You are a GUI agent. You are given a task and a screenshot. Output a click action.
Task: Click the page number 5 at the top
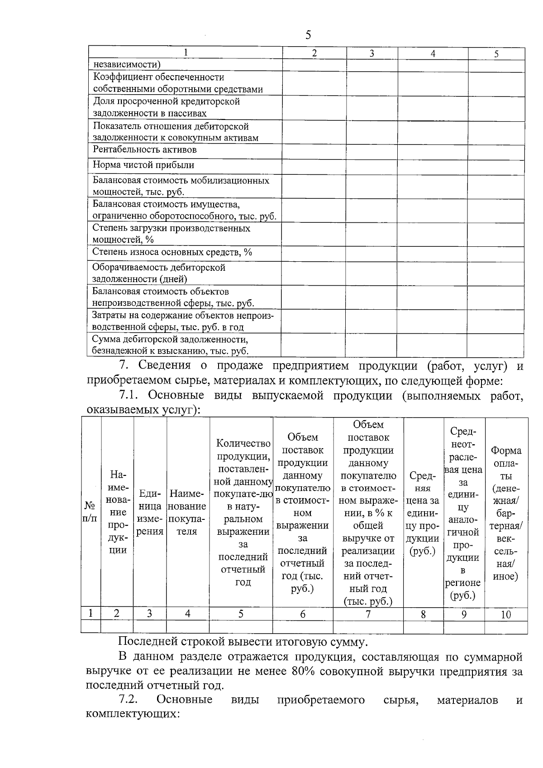[308, 35]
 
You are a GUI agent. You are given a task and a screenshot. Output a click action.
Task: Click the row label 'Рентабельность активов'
[145, 150]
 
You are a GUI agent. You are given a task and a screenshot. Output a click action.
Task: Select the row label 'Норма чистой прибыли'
[143, 165]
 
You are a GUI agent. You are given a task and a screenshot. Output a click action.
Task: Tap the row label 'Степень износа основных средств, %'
[172, 252]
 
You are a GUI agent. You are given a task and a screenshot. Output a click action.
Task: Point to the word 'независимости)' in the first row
[127, 65]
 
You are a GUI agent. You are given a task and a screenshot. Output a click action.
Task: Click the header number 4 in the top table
[433, 53]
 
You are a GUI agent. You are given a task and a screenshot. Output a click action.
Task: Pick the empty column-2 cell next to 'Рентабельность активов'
[314, 151]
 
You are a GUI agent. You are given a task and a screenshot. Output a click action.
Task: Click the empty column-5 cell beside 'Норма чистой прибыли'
[496, 167]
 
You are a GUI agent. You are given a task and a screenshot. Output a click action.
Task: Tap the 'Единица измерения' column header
[150, 512]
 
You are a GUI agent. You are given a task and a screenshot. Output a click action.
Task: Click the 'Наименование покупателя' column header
[187, 512]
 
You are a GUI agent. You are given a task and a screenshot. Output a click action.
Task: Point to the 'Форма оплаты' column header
[506, 513]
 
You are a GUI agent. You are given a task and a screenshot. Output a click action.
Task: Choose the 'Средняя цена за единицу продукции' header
[423, 513]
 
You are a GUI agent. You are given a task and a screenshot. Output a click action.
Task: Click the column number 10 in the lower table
[506, 614]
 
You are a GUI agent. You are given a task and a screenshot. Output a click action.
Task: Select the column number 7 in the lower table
[368, 614]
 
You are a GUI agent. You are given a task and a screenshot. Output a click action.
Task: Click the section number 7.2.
[128, 700]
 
